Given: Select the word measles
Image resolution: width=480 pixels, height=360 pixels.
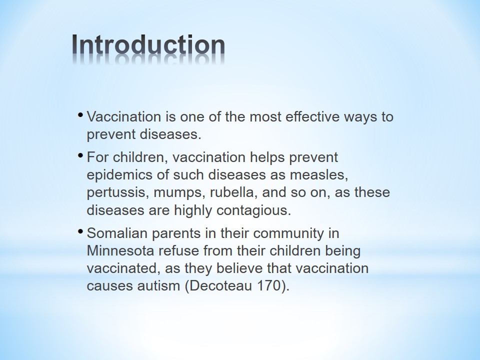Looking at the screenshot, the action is pos(319,175).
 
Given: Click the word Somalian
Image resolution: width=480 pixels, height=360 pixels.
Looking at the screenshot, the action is pos(117,233).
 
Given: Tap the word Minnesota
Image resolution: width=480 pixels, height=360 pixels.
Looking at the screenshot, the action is pos(120,250).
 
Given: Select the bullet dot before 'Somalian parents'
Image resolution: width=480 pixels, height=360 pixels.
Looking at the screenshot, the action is pos(80,231).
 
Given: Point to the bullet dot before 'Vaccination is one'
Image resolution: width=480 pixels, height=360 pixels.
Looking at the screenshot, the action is pos(80,115).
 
